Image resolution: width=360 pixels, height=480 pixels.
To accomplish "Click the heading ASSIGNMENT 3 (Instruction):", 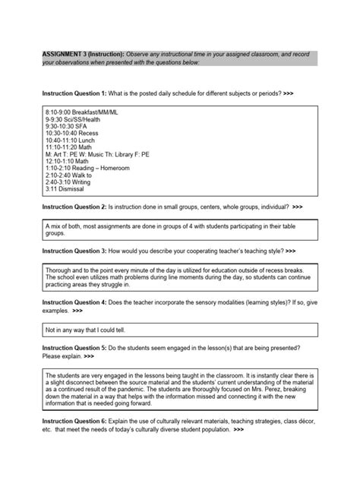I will coord(82,55).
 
